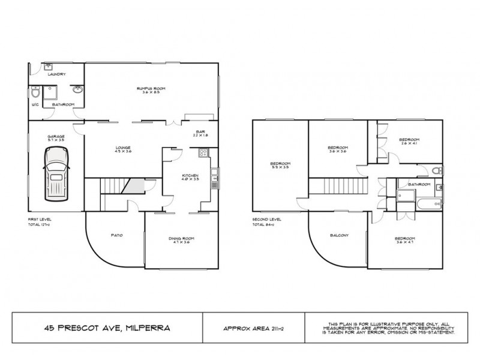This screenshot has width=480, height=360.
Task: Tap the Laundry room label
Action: (58, 74)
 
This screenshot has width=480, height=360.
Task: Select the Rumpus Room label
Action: (151, 88)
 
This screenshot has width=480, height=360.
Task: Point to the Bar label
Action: (200, 132)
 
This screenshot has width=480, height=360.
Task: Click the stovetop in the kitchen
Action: (203, 154)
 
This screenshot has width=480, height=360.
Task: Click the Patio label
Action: (118, 235)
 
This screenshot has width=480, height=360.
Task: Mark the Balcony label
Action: (339, 235)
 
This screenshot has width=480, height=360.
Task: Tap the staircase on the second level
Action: (339, 187)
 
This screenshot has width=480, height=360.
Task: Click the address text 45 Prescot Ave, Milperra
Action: (107, 328)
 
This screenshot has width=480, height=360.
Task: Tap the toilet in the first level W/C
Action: (36, 94)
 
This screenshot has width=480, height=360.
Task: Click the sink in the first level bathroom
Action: (77, 91)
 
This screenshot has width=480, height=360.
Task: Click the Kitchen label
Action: (190, 176)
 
